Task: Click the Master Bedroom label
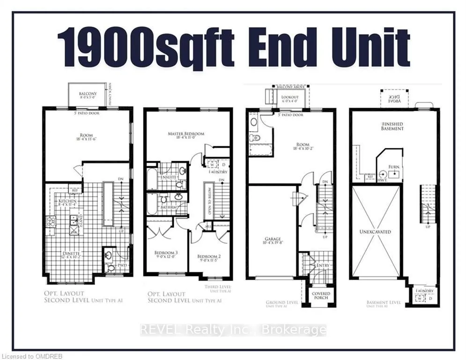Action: (186, 134)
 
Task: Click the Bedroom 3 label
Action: (166, 253)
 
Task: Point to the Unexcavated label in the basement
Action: (375, 232)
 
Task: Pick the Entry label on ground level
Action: (323, 265)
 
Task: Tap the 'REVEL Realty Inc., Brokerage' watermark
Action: (233, 330)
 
